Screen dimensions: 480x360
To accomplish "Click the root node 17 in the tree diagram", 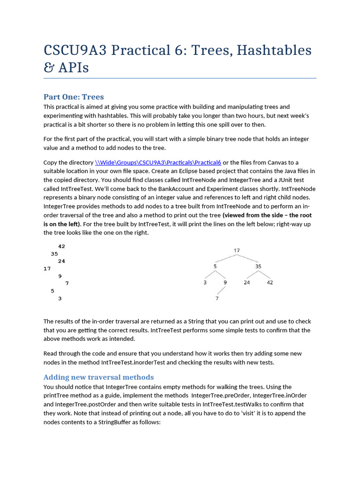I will coord(237,250).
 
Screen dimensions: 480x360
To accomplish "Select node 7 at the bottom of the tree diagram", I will coord(217,299).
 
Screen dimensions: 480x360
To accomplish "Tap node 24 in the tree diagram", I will coord(247,283).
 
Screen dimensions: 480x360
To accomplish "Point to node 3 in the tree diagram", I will coord(205,283).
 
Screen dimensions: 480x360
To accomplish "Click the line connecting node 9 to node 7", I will coord(221,291).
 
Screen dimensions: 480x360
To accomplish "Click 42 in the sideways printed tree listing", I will coord(61,247).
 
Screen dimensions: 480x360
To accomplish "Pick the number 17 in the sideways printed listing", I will coord(47,269).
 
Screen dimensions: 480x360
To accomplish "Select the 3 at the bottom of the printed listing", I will coord(60,299).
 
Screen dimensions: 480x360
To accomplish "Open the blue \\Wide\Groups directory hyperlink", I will coord(158,163).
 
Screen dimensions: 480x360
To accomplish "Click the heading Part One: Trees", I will coord(74,97).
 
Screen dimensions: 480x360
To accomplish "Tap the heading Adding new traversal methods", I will coord(98,377).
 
